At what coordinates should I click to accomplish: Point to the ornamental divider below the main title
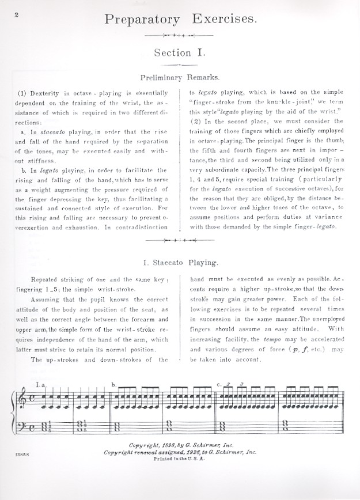coord(180,35)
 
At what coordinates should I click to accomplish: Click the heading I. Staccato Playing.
coord(180,263)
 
